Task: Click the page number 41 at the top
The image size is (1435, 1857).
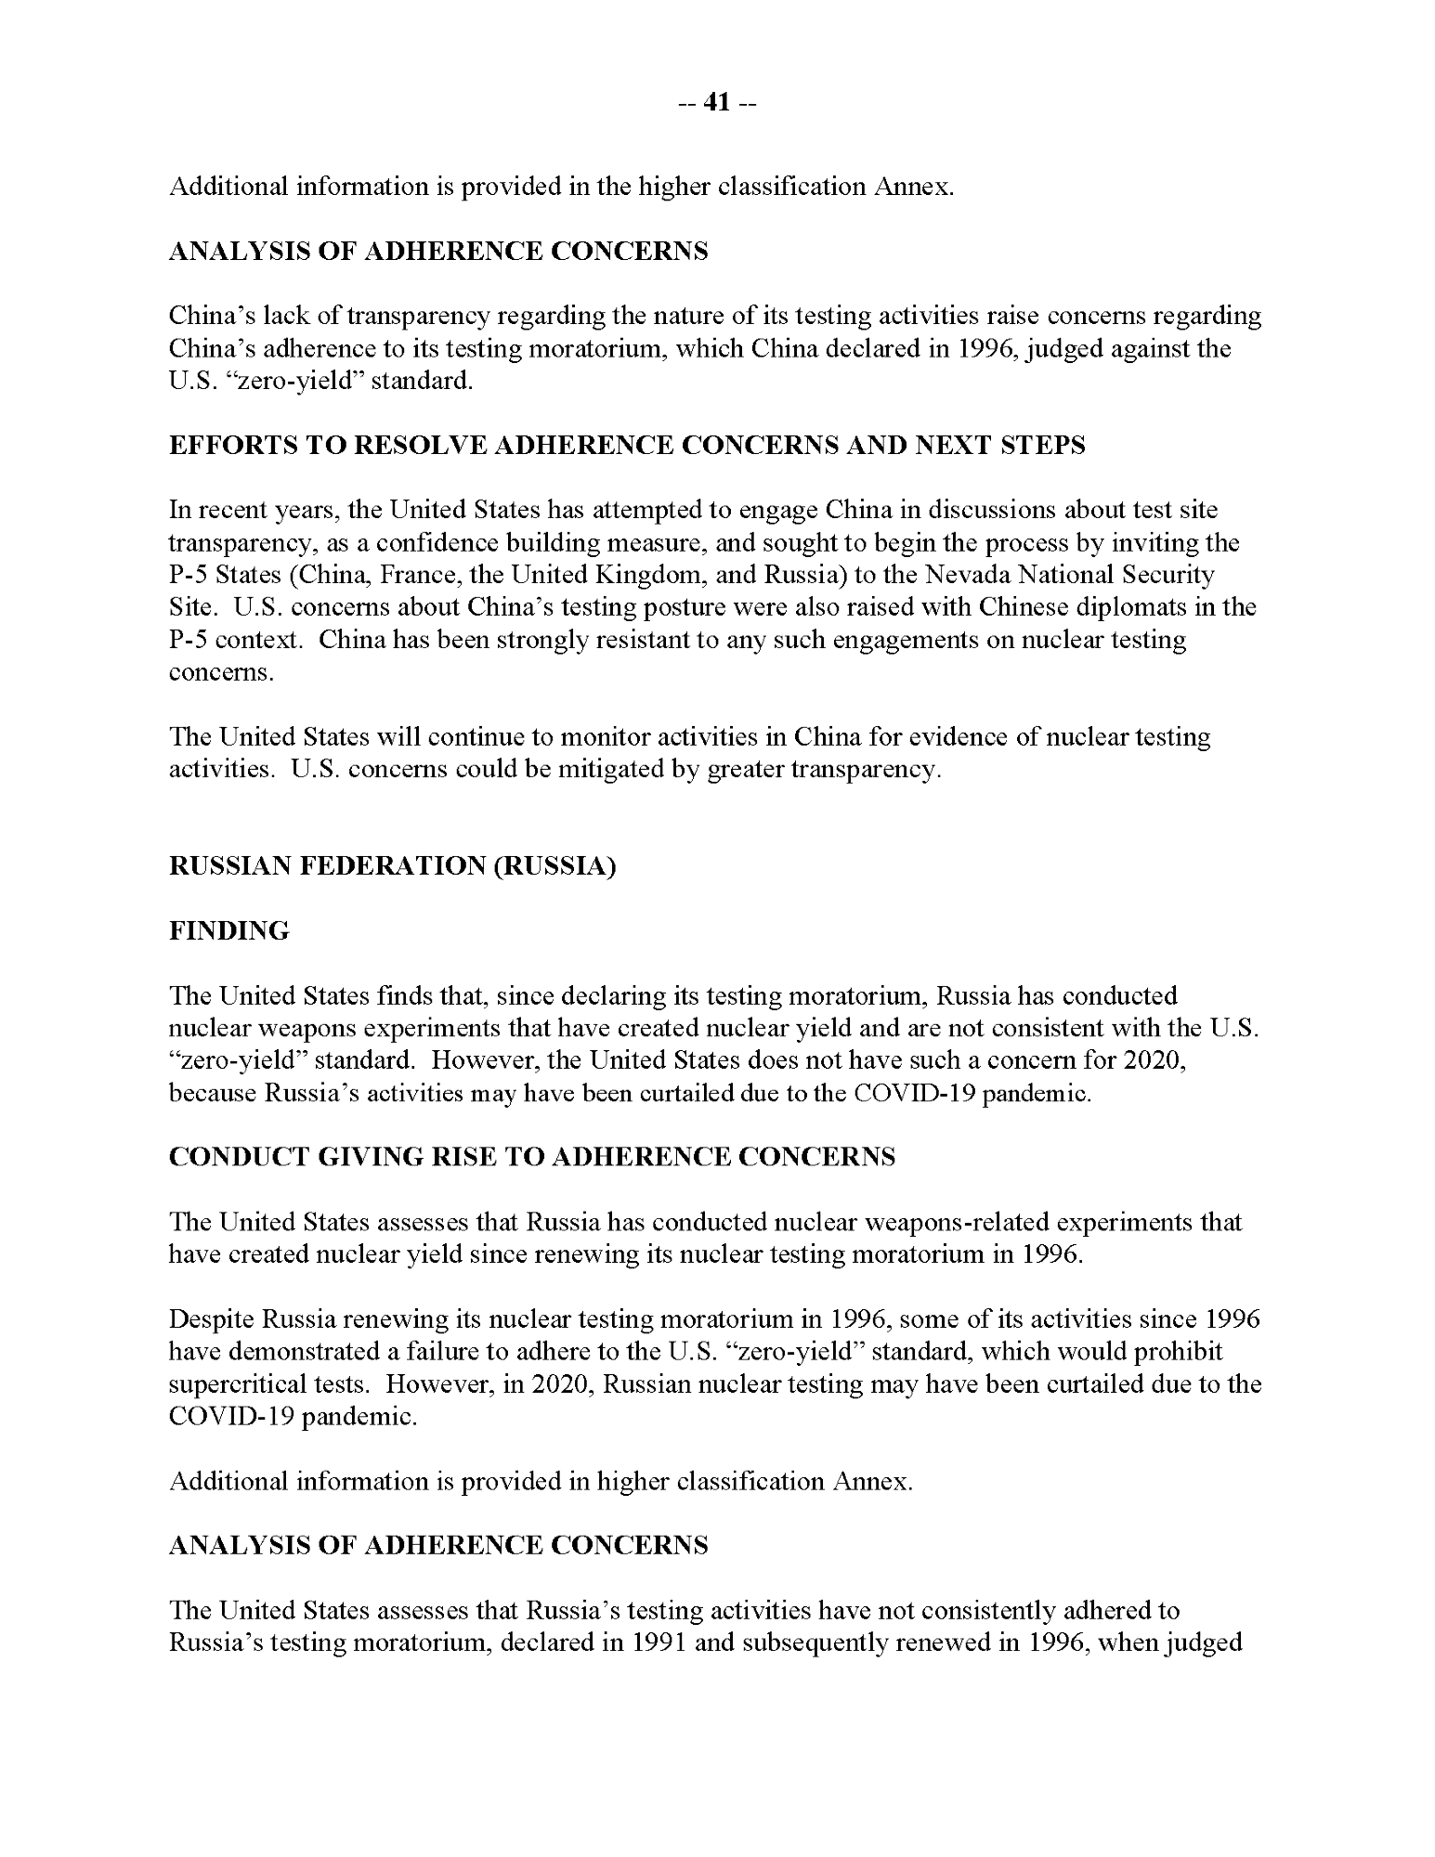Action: coord(717,103)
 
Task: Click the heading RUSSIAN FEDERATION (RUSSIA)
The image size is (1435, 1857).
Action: coord(392,865)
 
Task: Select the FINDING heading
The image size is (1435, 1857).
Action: coord(228,930)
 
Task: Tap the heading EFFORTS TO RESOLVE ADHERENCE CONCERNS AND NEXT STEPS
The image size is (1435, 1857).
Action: coord(627,445)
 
